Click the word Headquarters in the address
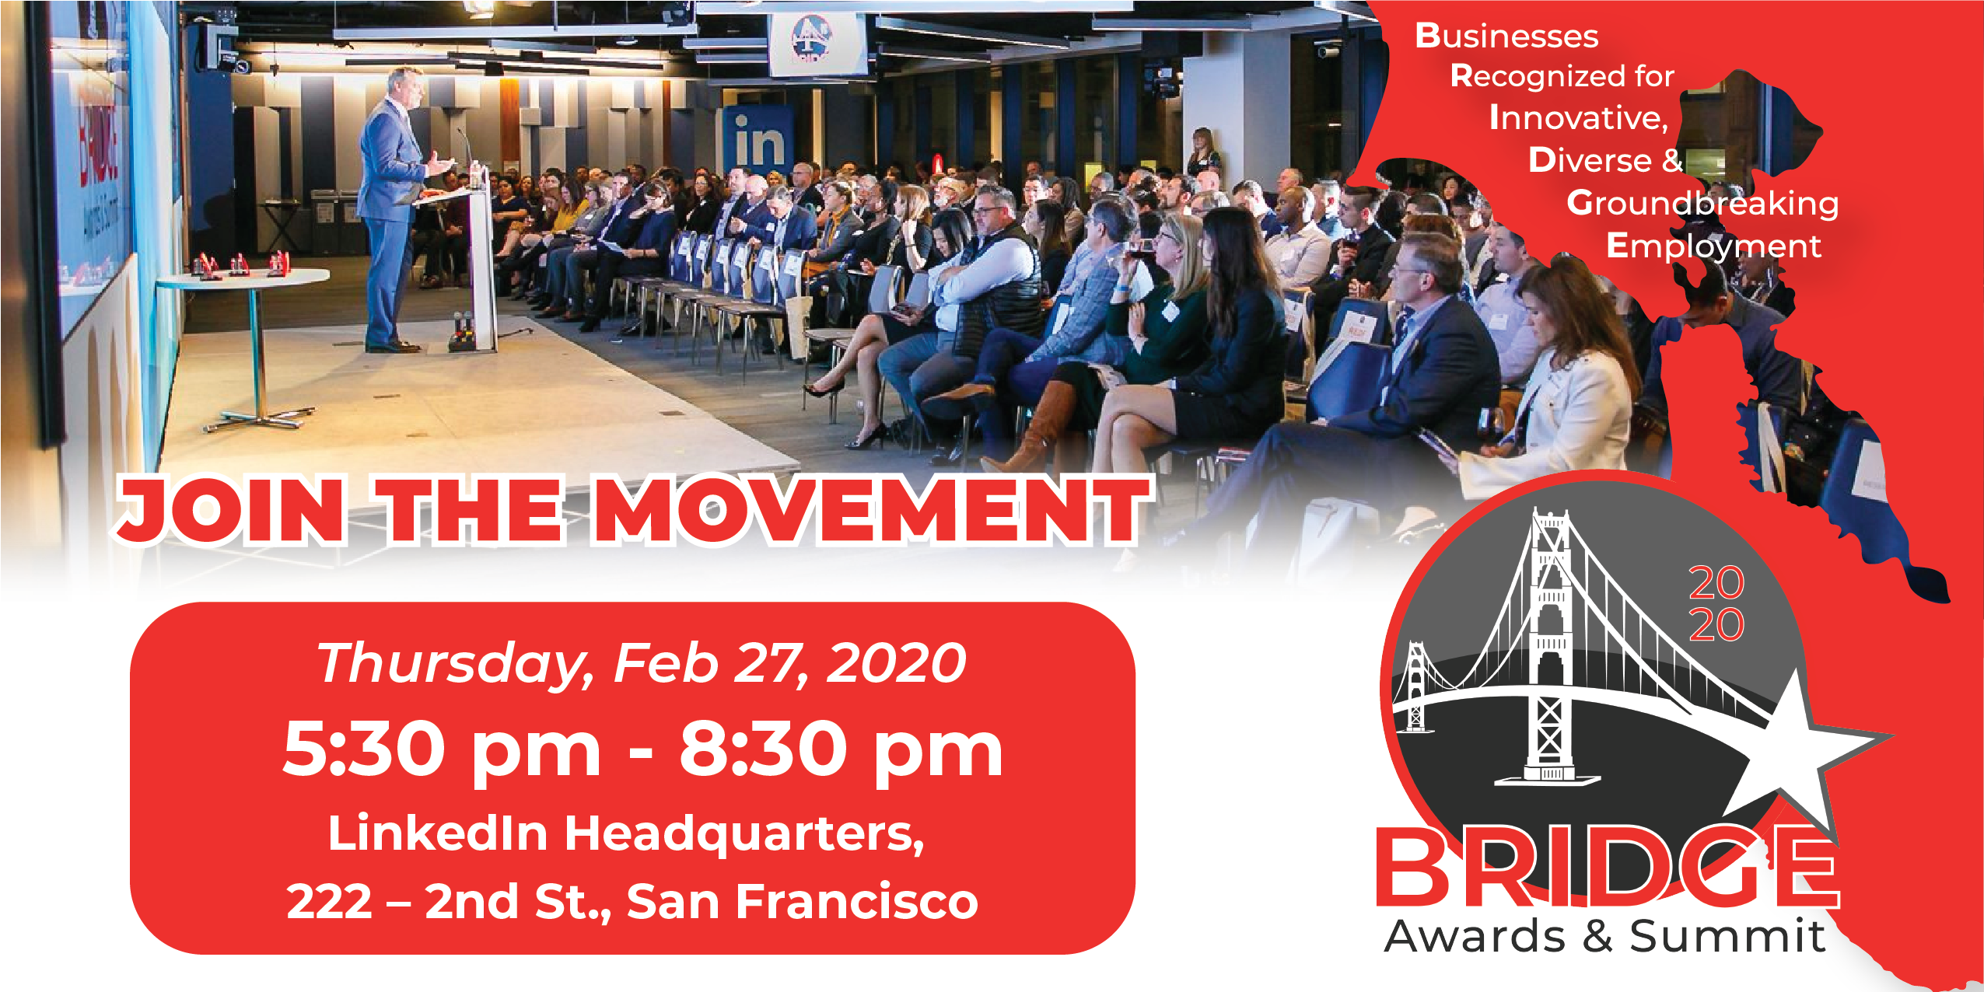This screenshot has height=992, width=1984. (744, 834)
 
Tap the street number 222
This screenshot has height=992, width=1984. (329, 902)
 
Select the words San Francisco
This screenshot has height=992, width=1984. (802, 902)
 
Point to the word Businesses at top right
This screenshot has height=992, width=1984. (1506, 36)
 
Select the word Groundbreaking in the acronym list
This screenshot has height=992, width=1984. (1702, 204)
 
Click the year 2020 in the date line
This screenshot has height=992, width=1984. (896, 663)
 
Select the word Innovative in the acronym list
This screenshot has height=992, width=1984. (1578, 118)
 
